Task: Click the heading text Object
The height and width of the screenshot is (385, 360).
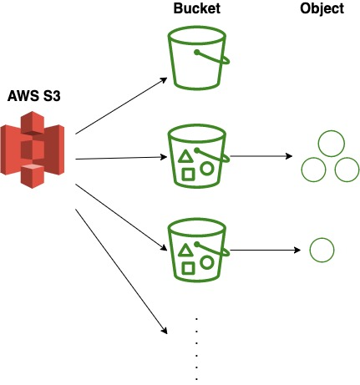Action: [x=322, y=9]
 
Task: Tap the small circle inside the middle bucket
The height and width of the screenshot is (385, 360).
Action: [x=207, y=167]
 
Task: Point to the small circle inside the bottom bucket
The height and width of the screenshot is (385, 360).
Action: [x=207, y=261]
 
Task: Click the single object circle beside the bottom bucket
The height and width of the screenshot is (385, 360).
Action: [x=322, y=250]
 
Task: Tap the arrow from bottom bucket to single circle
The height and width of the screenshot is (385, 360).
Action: [x=263, y=250]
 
